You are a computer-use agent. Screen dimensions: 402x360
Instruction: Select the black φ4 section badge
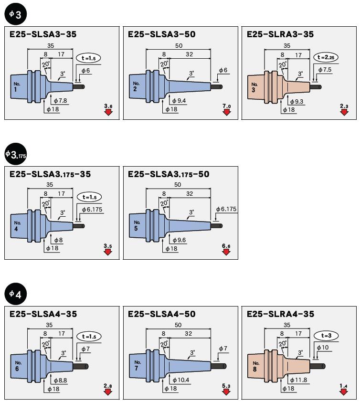click(x=15, y=294)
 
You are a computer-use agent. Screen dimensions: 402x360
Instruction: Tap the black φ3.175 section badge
click(x=15, y=154)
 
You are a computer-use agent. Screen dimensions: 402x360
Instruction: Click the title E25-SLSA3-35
click(x=43, y=34)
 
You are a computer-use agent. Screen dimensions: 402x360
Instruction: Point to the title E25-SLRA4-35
click(x=280, y=314)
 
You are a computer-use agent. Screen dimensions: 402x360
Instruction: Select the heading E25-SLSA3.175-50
click(x=169, y=174)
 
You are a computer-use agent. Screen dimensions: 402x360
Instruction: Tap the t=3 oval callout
click(x=327, y=336)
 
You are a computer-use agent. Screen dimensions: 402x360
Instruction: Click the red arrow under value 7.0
click(x=226, y=112)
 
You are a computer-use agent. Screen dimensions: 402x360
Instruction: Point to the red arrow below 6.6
click(x=226, y=252)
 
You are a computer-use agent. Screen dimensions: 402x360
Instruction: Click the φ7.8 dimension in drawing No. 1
click(x=61, y=100)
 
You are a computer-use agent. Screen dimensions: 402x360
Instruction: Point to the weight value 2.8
click(x=107, y=385)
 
